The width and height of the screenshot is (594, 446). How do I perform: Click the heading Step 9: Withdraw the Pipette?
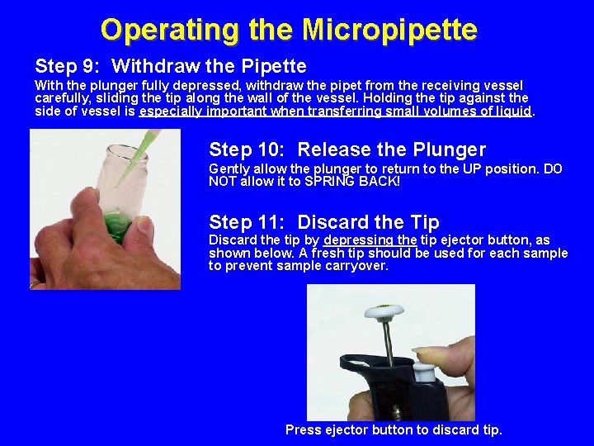pos(171,66)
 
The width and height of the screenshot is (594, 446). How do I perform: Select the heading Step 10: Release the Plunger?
pos(347,149)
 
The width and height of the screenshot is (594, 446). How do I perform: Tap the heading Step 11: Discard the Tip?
pos(324,222)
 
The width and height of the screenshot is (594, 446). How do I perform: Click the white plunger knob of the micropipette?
pos(384,312)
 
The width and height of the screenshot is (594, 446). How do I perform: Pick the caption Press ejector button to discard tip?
pos(394,429)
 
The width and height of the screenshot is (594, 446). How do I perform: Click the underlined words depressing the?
pos(370,240)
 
